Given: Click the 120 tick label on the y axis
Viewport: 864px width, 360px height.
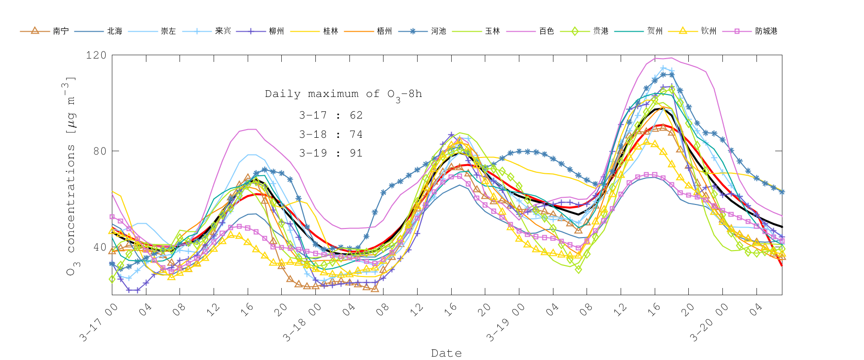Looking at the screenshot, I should pyautogui.click(x=96, y=55).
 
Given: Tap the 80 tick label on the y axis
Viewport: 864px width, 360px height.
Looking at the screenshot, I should pyautogui.click(x=99, y=151).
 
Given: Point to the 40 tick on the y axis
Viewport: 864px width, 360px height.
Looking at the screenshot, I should pyautogui.click(x=99, y=247).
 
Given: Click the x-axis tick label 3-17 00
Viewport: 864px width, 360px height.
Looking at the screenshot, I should pyautogui.click(x=99, y=323).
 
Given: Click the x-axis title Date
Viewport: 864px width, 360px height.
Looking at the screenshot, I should pyautogui.click(x=446, y=353).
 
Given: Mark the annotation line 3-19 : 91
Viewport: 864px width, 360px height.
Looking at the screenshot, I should pyautogui.click(x=331, y=153).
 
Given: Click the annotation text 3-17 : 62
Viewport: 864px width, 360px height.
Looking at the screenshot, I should pyautogui.click(x=331, y=115).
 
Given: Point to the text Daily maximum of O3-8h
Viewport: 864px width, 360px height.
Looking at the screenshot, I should pyautogui.click(x=343, y=95).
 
